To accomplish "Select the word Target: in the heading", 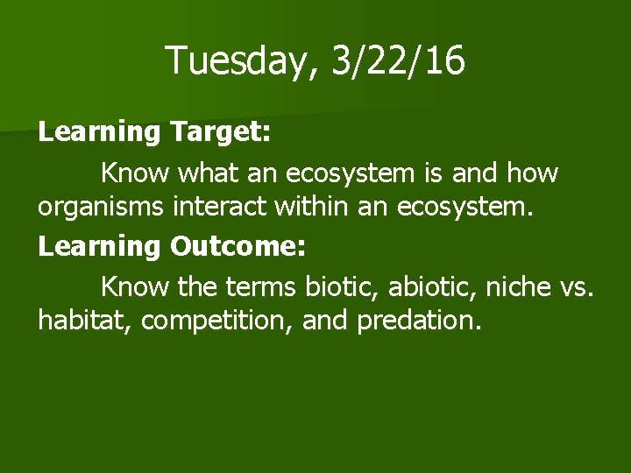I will (223, 133).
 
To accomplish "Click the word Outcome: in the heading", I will (238, 248).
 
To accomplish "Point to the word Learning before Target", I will (99, 133).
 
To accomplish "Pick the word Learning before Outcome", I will (99, 248).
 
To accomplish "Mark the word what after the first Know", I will (208, 173).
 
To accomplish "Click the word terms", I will (266, 286).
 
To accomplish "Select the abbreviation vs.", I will (576, 286).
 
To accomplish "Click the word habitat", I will (84, 321).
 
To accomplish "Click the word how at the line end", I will (532, 173).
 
